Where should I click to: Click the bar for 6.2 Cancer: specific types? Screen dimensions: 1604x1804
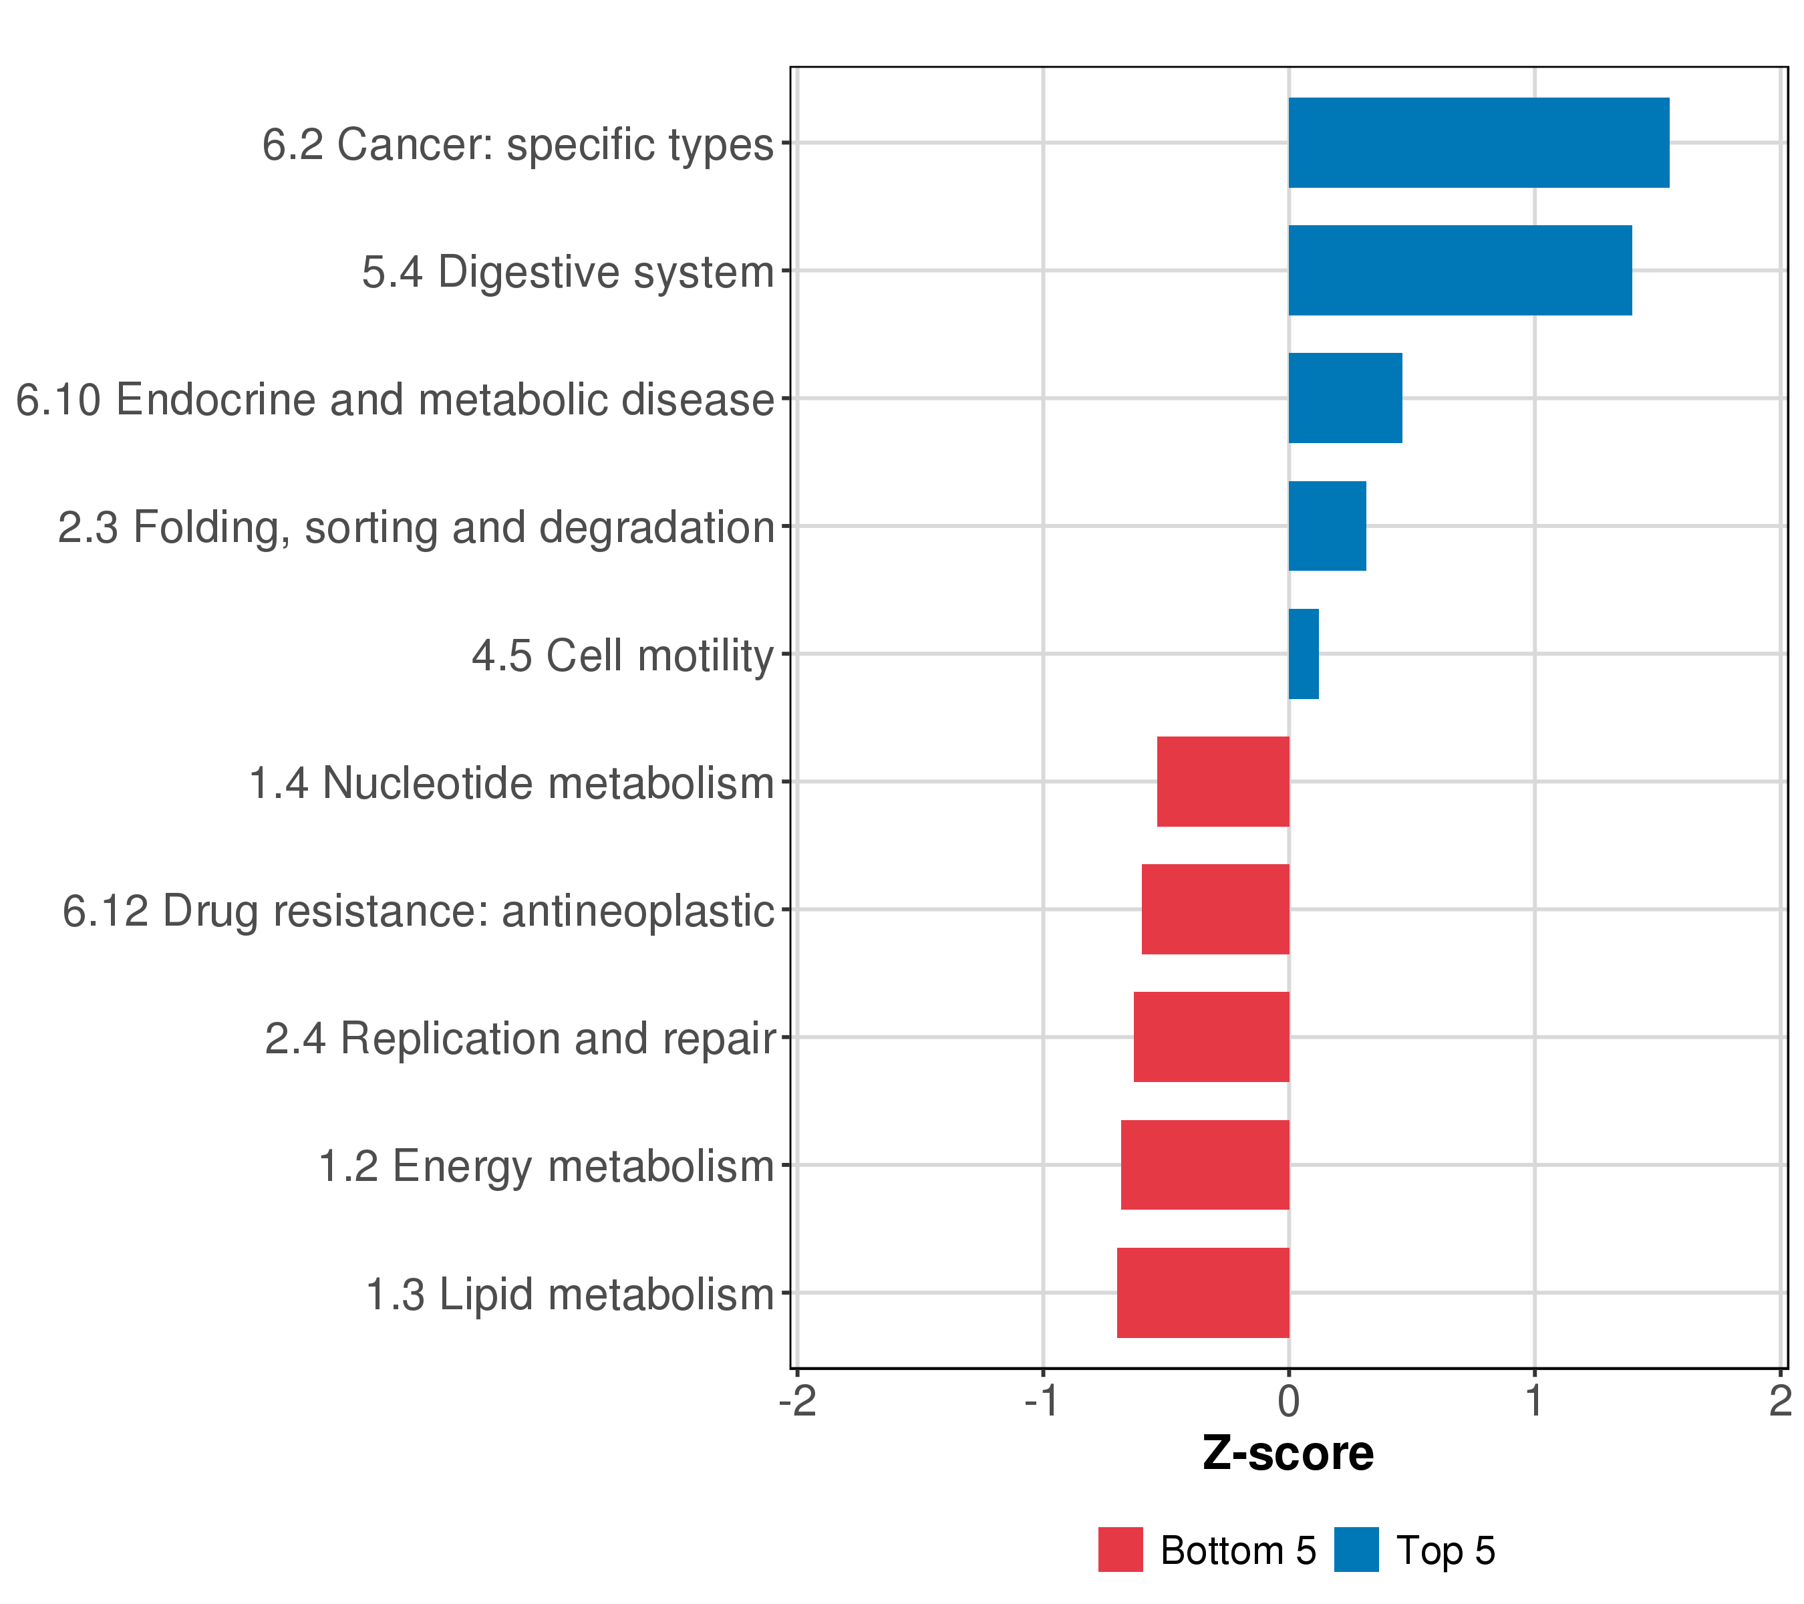1479,142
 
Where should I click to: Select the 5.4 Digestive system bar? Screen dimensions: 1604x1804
1460,270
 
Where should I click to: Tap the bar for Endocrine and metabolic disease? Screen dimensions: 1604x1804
1345,398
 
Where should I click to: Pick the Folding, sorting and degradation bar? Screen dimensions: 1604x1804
1328,526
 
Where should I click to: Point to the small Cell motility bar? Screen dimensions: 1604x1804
1304,654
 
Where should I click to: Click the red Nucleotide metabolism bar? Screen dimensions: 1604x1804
1223,781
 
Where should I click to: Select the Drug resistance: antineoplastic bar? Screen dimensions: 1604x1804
1215,909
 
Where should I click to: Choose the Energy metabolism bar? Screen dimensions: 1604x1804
1205,1166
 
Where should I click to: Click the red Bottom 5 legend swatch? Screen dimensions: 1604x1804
1120,1549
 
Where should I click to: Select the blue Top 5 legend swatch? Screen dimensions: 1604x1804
1356,1549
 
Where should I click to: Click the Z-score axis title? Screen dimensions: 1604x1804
1288,1454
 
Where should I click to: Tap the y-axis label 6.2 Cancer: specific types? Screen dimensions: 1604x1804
517,144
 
